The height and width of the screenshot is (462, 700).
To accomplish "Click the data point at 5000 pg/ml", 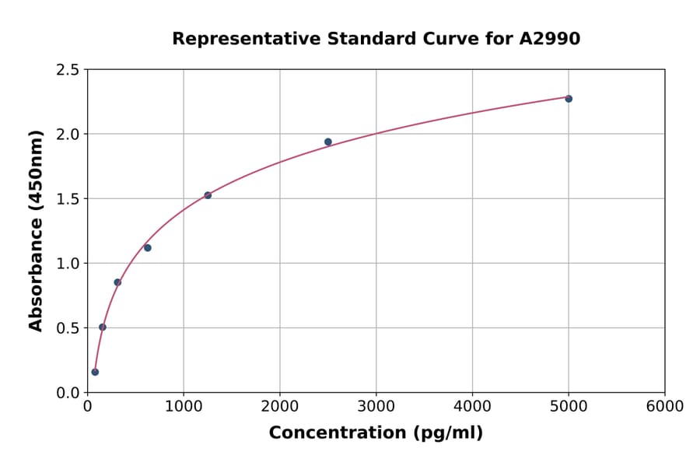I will click(569, 99).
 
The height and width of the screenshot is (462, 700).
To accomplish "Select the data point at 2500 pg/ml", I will click(328, 142).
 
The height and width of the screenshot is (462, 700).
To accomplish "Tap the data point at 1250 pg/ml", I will click(208, 195).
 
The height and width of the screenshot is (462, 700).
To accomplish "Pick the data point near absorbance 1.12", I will click(148, 247).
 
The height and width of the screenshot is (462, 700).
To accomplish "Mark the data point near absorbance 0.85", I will click(117, 282).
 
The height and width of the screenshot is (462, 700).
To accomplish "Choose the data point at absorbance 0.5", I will click(103, 327).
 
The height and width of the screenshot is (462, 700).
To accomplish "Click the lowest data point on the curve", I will click(95, 372).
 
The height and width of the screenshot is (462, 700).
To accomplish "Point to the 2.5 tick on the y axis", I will click(68, 70).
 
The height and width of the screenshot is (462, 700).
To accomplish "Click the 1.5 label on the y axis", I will click(68, 199).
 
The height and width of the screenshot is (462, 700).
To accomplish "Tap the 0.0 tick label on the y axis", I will click(68, 393).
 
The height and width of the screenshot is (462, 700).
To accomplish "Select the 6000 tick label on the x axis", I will click(664, 407).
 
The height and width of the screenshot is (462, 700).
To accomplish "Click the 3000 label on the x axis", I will click(376, 407).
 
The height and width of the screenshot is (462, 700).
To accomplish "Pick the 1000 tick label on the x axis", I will click(184, 407).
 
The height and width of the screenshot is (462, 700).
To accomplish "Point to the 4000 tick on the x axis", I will click(472, 407).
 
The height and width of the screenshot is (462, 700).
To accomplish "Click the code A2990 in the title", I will click(549, 39).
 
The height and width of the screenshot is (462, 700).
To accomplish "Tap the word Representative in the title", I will click(236, 39).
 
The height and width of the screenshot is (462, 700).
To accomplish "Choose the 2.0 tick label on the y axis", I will click(68, 135).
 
